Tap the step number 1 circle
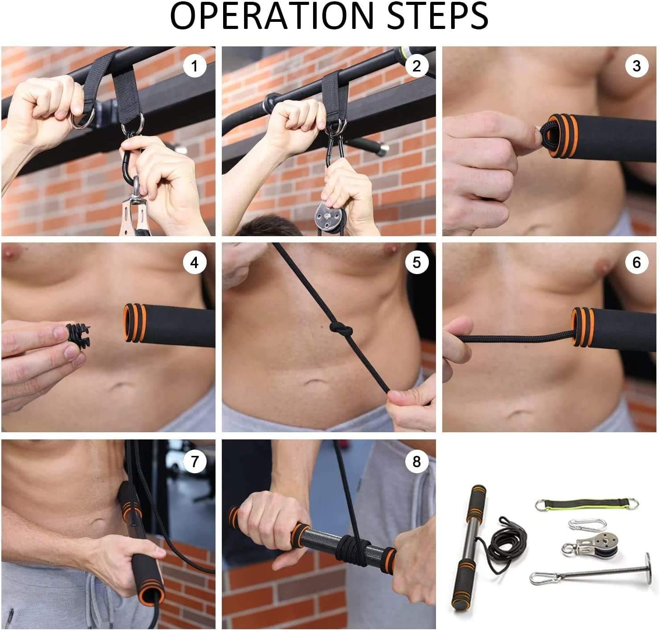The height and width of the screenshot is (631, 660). pos(194,66)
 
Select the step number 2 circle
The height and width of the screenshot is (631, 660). pos(416,66)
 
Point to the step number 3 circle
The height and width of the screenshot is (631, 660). pos(636,66)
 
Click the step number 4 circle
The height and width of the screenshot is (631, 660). pos(194,263)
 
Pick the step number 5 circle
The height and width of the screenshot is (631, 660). pos(416,262)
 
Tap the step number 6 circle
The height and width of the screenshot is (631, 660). pos(636,262)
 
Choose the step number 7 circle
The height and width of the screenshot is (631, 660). pos(194,461)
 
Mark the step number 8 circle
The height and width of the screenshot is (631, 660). pos(416,461)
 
